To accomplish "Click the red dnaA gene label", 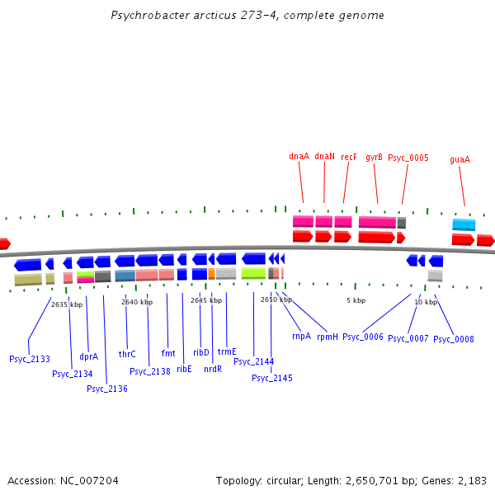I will click(299, 156).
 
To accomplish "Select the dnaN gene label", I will click(325, 156).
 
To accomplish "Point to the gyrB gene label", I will click(374, 156).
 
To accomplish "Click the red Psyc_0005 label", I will click(408, 157).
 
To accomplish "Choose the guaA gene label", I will click(460, 159).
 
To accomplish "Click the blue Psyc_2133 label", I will click(29, 359).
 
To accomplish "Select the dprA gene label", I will click(88, 357).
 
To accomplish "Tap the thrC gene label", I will click(127, 354).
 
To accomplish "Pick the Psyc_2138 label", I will click(150, 371).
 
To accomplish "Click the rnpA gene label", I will click(302, 336).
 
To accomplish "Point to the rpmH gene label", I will click(327, 336).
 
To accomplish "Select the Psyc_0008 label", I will click(454, 339).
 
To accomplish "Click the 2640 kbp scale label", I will click(137, 302).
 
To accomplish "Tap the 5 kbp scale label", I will click(356, 300).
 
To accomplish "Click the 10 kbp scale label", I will click(426, 302).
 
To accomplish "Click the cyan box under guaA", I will click(464, 224).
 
